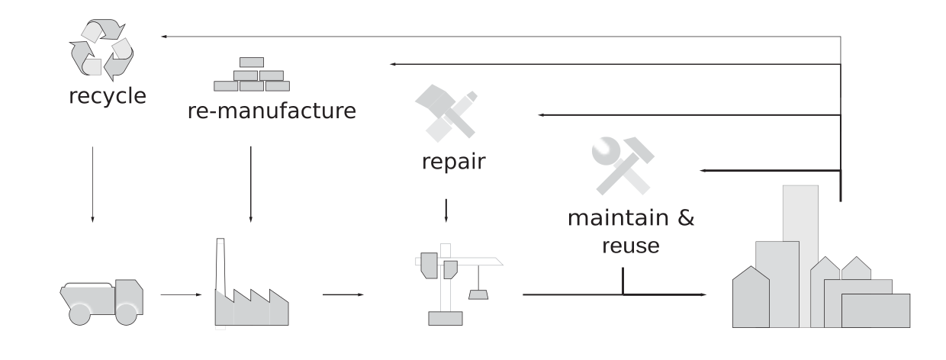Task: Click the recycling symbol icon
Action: click(101, 50)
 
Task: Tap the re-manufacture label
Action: click(272, 111)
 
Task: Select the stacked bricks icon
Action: click(249, 74)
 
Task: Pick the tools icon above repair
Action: click(446, 114)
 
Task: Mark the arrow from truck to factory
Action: click(180, 294)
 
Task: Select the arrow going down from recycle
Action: click(92, 184)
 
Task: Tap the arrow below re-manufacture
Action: click(250, 183)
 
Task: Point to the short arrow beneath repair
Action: click(446, 210)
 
